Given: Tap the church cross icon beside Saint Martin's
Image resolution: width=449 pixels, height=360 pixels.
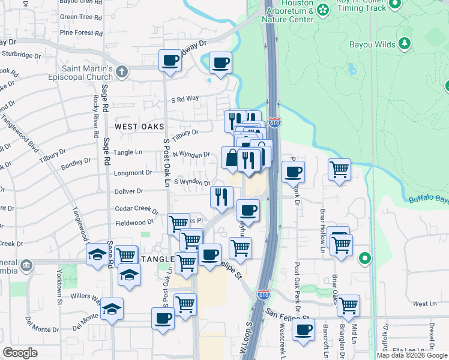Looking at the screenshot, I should tap(122, 73).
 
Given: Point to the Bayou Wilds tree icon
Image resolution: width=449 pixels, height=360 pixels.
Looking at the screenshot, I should tap(405, 43).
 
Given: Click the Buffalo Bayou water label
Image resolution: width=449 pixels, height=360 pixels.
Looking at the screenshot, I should tap(429, 199).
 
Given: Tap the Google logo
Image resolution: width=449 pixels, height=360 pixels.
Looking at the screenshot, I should tap(21, 353).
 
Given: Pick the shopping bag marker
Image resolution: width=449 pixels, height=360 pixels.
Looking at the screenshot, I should tap(232, 159).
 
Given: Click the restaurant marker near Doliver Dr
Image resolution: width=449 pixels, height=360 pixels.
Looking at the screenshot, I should tap(221, 197).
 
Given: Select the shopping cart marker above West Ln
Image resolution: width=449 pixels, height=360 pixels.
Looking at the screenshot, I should tap(348, 306).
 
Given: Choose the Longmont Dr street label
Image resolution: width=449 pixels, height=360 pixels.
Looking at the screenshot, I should tap(133, 173).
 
